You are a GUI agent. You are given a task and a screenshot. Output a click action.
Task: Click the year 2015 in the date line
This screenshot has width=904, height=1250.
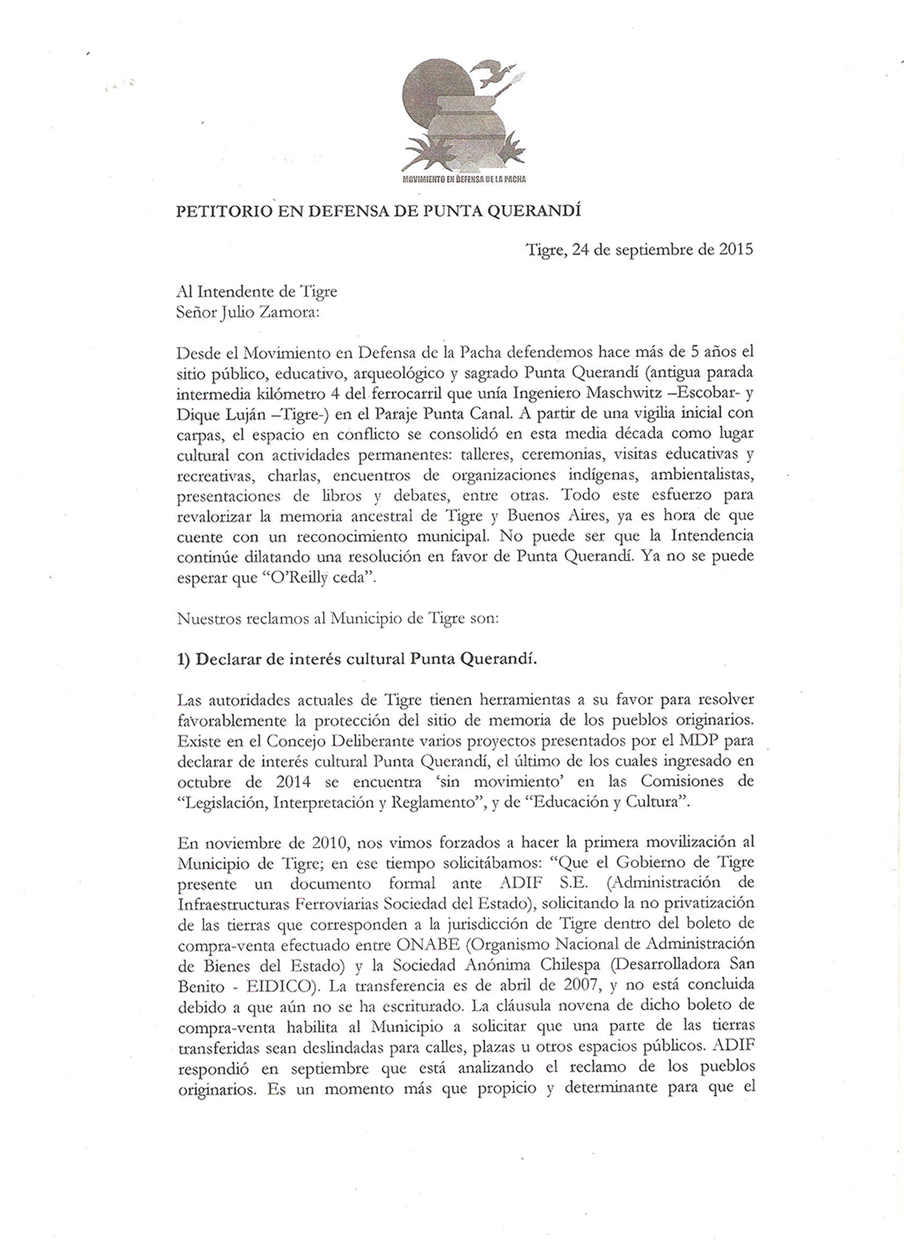pos(736,249)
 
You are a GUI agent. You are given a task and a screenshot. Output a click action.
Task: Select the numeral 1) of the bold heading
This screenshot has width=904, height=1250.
pos(184,660)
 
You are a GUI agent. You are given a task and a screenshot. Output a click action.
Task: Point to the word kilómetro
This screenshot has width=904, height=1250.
pos(285,393)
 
